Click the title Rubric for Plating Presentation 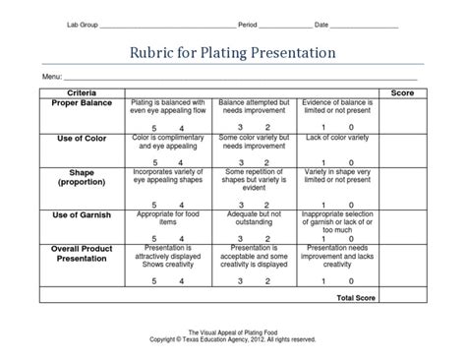point(233,51)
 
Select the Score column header point(402,91)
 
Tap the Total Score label point(357,296)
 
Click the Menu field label point(52,76)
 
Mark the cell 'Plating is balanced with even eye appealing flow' point(167,106)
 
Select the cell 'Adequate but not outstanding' point(254,218)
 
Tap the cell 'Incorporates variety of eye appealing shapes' point(167,178)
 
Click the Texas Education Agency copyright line point(232,339)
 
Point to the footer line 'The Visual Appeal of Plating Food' point(232,332)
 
